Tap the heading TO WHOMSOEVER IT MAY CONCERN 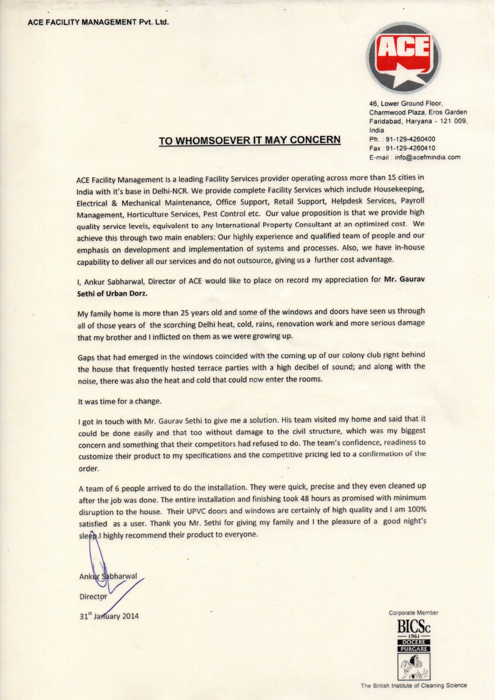coord(250,140)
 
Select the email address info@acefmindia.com coord(427,157)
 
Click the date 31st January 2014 coord(109,616)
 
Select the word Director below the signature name coord(93,596)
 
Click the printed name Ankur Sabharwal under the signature coord(108,576)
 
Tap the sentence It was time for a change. coord(119,401)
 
